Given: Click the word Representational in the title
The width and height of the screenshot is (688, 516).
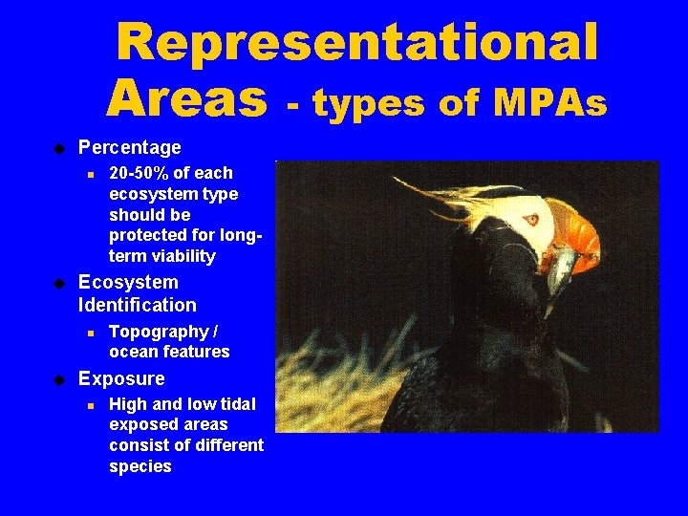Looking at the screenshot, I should tap(356, 44).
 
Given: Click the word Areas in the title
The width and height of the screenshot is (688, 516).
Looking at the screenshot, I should tap(187, 97).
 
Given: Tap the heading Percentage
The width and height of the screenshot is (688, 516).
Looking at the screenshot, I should tap(129, 148).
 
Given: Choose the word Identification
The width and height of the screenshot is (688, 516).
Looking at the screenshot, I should tap(137, 306).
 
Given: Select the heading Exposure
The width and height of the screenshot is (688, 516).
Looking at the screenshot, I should tap(121, 378).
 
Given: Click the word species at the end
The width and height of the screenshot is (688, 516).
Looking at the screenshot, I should tap(140, 466).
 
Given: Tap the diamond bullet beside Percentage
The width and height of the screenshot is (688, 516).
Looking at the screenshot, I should tap(58, 148).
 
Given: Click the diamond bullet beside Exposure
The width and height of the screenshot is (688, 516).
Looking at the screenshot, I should tap(58, 379).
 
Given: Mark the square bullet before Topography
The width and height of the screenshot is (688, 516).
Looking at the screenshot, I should tap(88, 333).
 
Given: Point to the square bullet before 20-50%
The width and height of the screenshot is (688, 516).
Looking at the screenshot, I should tap(88, 174).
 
